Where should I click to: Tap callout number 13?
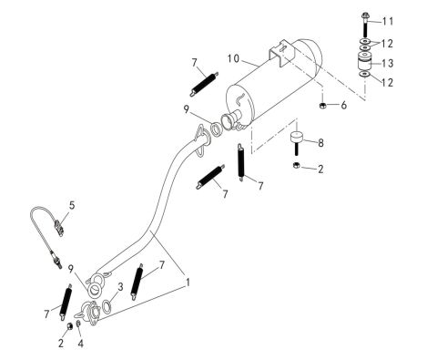(389, 63)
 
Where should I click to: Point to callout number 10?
(234, 58)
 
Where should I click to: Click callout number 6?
(344, 106)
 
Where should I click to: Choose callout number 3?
(119, 286)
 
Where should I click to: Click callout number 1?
(188, 283)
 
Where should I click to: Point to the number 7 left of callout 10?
(194, 63)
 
